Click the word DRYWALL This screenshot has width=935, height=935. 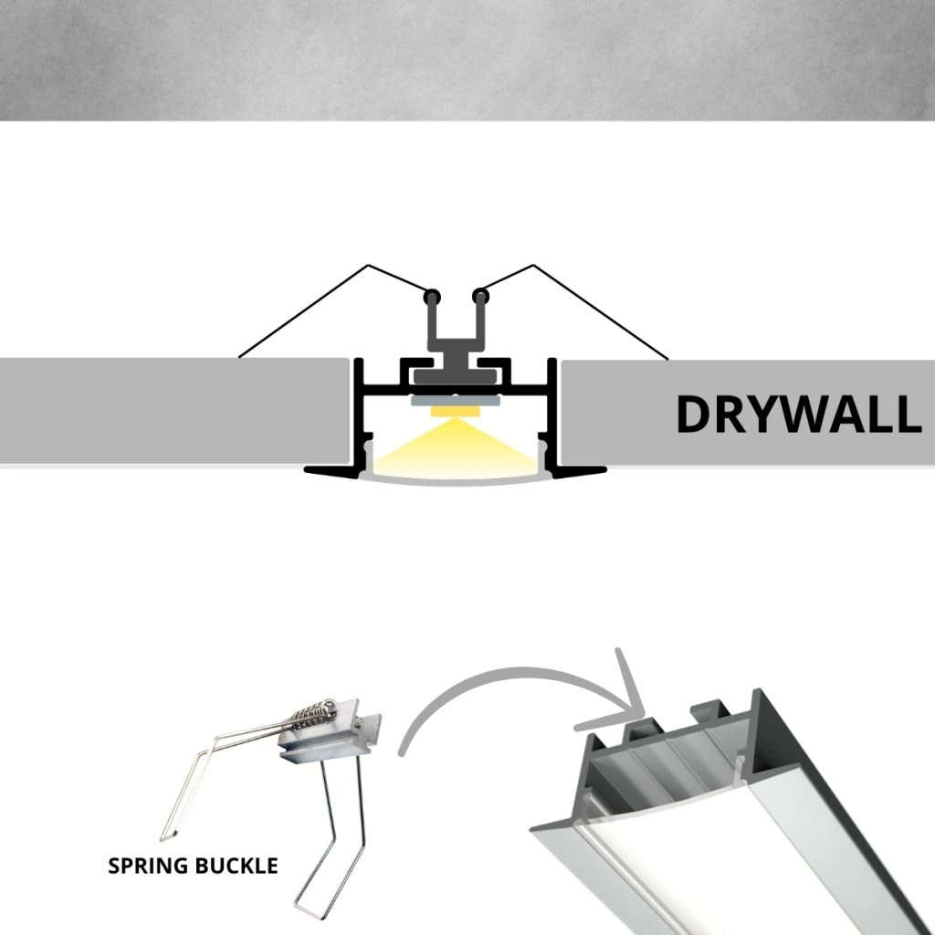[x=799, y=414]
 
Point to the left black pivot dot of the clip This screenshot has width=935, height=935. [x=431, y=296]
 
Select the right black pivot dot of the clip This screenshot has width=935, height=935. [x=480, y=296]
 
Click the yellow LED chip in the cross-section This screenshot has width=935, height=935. [x=455, y=412]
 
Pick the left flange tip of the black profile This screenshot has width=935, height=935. [x=306, y=470]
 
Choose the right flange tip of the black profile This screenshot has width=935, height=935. [x=604, y=470]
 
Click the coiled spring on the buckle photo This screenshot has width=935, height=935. [x=313, y=714]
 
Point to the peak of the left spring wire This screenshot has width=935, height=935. [x=369, y=266]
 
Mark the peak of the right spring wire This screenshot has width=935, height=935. [x=532, y=266]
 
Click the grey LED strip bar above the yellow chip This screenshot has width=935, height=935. [x=455, y=402]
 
